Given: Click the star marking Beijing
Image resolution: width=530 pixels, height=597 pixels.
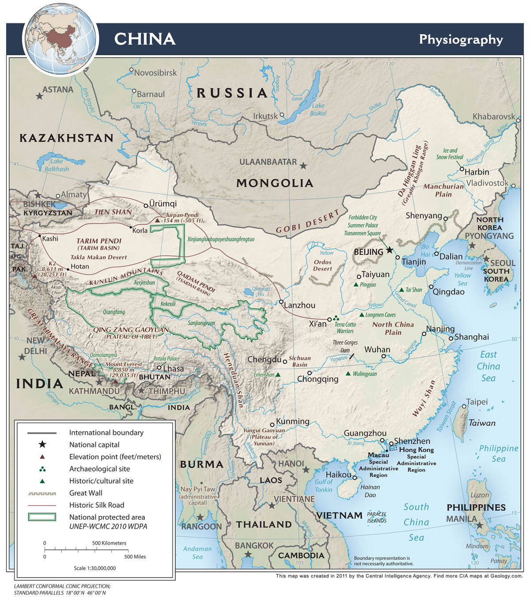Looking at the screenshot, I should coord(389,250).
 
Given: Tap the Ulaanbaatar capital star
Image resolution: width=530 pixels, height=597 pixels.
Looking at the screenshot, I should coord(303,166).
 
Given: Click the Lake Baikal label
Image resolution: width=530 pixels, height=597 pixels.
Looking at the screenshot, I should coord(318,109).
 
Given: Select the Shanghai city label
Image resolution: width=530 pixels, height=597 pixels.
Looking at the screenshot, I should coord(471,337).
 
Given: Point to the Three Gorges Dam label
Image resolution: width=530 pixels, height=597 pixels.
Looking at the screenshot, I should coord(345,346).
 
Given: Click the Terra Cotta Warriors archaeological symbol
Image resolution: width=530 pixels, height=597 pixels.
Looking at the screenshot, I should coord(336,317).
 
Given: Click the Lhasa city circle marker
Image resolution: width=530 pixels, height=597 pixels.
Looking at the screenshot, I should coord(159,367).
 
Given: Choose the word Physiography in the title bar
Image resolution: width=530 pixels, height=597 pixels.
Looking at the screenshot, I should coord(461,39).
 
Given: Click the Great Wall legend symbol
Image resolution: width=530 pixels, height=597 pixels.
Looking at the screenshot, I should coord(42,493).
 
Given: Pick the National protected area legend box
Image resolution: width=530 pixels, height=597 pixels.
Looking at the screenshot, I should coord(42,517).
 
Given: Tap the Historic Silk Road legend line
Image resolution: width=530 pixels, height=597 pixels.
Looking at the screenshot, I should coord(42,505).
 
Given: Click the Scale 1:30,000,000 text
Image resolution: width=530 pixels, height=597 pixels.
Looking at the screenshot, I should coord(95,568).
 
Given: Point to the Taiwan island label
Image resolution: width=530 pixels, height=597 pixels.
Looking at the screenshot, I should coord(482,423).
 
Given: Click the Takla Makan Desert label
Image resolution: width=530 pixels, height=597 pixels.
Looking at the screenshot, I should coord(98,257).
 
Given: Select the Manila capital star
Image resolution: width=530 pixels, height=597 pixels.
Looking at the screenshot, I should coord(480,525).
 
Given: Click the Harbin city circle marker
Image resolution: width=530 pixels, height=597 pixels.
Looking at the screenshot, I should coord(461,169).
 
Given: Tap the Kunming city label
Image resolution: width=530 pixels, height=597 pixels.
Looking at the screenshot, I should coord(292,421).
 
